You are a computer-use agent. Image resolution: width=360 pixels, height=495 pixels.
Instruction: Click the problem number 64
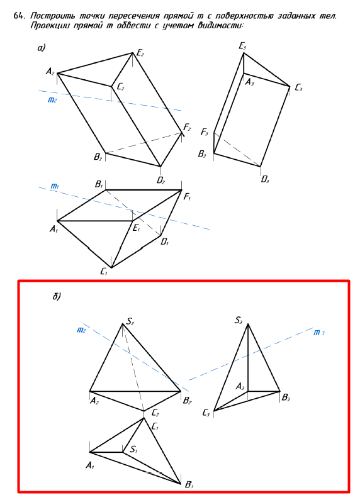(x=19, y=16)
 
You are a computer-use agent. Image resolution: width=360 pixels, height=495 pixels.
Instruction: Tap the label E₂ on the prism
(x=140, y=53)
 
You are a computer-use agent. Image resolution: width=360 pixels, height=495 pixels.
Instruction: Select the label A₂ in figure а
(x=50, y=72)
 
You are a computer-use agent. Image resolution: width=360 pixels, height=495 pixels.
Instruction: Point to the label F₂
(x=187, y=128)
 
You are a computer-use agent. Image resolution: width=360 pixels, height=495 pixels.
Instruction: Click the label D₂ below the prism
(x=160, y=181)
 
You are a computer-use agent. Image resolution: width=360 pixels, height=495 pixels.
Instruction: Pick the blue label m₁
(x=55, y=187)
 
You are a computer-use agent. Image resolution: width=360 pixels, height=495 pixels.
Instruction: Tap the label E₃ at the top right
(x=242, y=47)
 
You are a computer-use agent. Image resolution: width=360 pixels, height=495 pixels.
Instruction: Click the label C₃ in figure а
(x=298, y=87)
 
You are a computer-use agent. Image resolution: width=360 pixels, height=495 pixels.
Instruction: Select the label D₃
(x=264, y=180)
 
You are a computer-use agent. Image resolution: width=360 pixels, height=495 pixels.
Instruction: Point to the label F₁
(x=187, y=197)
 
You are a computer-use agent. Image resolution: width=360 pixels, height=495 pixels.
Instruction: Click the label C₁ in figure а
(x=104, y=271)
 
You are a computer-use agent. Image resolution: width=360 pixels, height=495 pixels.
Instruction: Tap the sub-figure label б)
(x=57, y=296)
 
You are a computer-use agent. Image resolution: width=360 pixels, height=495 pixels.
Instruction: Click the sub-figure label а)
(x=42, y=48)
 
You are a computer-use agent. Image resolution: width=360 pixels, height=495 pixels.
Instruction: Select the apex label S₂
(x=130, y=321)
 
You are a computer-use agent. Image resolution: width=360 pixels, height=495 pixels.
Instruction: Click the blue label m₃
(x=319, y=333)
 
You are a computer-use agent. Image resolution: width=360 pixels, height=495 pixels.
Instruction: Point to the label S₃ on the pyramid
(x=239, y=321)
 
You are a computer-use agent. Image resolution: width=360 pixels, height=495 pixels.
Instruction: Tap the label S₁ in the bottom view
(x=133, y=449)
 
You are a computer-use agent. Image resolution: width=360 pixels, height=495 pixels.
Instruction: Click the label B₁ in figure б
(x=189, y=484)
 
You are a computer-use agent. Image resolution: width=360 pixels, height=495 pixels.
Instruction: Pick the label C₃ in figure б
(x=206, y=413)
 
